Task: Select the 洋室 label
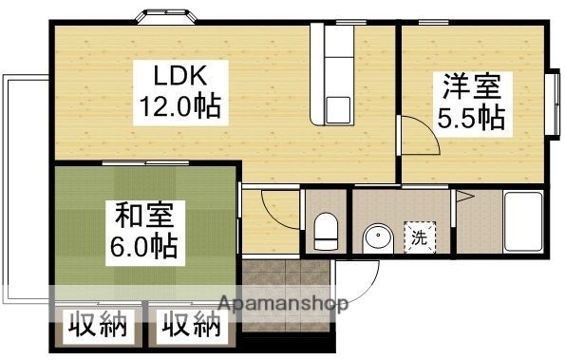coord(470,86)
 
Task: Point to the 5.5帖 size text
coord(470,117)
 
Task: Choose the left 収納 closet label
coord(97,328)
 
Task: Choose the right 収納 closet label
coord(190,328)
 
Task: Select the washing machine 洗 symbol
coord(419,237)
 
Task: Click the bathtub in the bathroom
coord(521,220)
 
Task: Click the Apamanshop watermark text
coord(283,305)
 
